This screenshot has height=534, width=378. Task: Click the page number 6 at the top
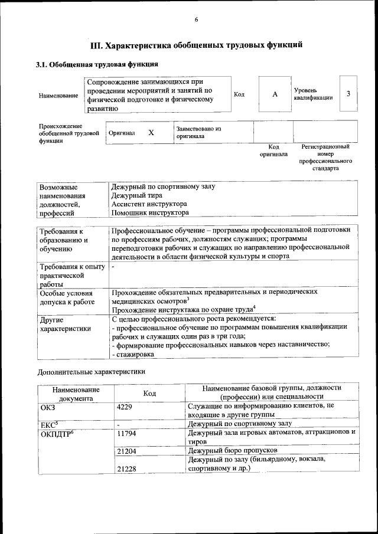pyautogui.click(x=196, y=19)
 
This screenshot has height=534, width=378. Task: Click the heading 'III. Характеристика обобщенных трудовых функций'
pyautogui.click(x=196, y=44)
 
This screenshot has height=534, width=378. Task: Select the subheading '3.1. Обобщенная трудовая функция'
pyautogui.click(x=97, y=64)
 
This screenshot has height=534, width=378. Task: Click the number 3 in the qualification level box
pyautogui.click(x=348, y=94)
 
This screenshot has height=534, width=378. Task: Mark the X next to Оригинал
pyautogui.click(x=151, y=133)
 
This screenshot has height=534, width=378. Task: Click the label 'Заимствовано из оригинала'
pyautogui.click(x=198, y=132)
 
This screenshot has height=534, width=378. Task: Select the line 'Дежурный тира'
pyautogui.click(x=136, y=195)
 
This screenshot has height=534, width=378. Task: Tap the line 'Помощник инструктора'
pyautogui.click(x=150, y=212)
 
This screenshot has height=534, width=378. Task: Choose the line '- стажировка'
pyautogui.click(x=133, y=355)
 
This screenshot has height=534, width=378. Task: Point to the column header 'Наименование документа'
pyautogui.click(x=76, y=394)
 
